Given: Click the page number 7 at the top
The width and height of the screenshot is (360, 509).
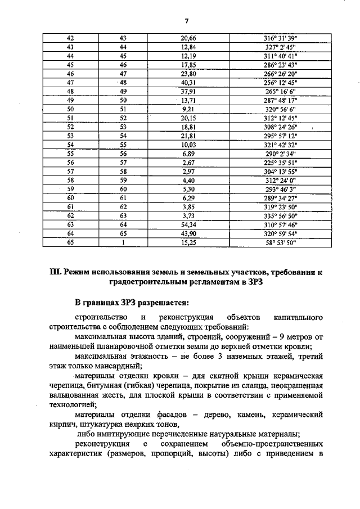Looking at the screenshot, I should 186,21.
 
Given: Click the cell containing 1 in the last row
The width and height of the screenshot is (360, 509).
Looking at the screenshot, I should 124,243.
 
